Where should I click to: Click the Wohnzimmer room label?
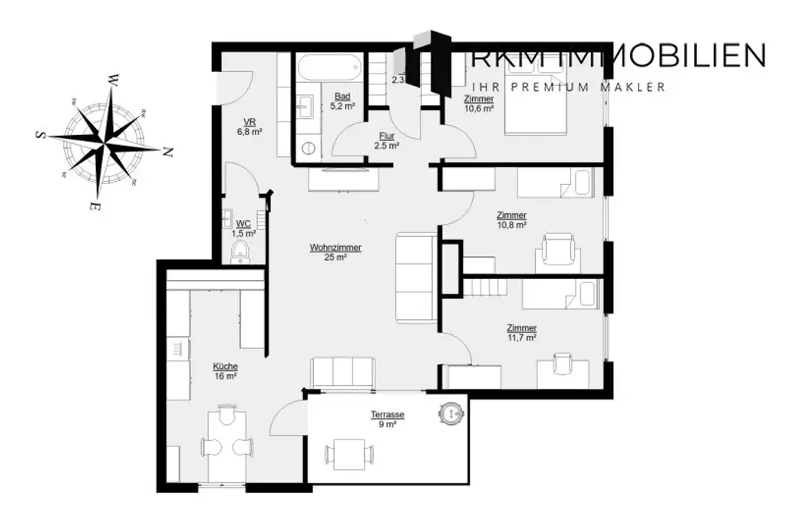tap(335, 248)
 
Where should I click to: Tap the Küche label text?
tap(225, 367)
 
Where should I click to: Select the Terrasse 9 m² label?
tap(387, 415)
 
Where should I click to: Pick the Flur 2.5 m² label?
tap(386, 136)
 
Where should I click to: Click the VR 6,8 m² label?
tap(249, 122)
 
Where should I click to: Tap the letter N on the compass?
tap(168, 152)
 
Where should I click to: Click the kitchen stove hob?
tap(178, 349)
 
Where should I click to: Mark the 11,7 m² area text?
tap(521, 337)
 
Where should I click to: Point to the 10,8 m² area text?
tap(511, 225)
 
